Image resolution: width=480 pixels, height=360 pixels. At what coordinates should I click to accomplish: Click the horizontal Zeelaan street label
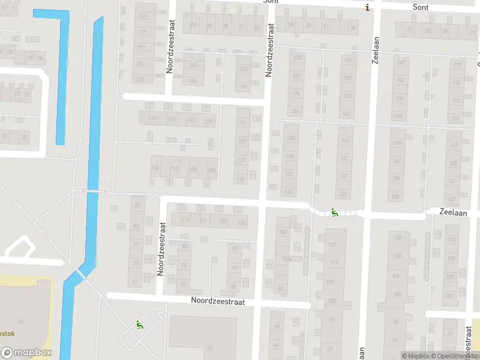[x=453, y=212]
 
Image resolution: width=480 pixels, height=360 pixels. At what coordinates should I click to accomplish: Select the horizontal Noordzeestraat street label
[x=218, y=302]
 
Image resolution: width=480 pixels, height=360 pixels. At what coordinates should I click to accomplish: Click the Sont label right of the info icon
[x=421, y=7]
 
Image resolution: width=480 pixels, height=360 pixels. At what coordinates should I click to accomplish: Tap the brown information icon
[x=367, y=7]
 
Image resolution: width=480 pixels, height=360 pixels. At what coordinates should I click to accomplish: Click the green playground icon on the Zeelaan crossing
[x=334, y=212]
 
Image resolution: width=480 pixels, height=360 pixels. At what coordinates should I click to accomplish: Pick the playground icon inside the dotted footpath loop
[x=139, y=325]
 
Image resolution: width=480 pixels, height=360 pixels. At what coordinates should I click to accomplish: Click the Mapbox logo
[x=26, y=353]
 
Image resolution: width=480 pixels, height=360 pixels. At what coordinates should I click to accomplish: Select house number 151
[x=154, y=118]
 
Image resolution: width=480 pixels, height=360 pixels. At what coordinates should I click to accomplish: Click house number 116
[x=155, y=169]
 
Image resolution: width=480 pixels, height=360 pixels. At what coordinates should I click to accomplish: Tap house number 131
[x=242, y=123]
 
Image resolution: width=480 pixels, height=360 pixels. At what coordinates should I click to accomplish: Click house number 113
[x=452, y=239]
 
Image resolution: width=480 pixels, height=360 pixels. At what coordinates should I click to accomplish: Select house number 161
[x=347, y=60]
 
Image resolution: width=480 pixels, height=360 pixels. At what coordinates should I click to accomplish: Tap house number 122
[x=289, y=174]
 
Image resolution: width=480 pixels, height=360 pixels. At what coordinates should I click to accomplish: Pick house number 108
[x=193, y=169]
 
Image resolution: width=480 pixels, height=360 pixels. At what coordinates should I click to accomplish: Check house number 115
[x=185, y=221]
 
